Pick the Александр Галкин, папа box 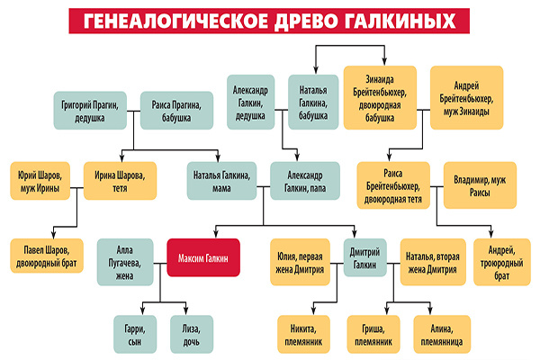pos(305,180)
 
